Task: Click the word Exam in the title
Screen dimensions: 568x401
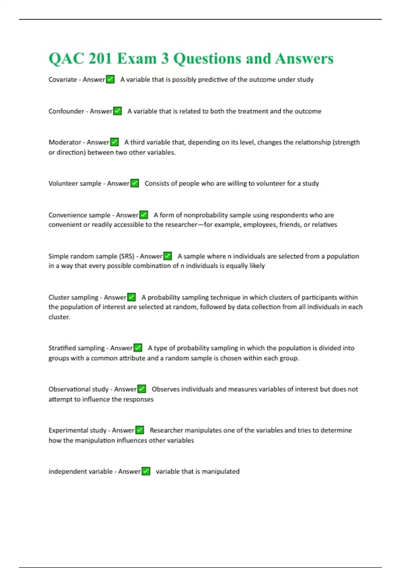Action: [137, 59]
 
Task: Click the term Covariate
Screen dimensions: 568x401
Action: [62, 80]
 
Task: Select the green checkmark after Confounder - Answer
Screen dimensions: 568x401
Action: [117, 111]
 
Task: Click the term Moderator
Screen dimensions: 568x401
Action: [65, 142]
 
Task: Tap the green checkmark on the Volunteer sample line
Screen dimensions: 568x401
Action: [135, 183]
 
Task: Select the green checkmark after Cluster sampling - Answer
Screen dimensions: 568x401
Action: [132, 297]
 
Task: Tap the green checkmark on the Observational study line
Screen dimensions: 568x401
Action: [142, 389]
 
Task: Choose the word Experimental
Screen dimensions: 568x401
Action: [68, 430]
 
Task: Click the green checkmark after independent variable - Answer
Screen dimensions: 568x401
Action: [146, 471]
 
